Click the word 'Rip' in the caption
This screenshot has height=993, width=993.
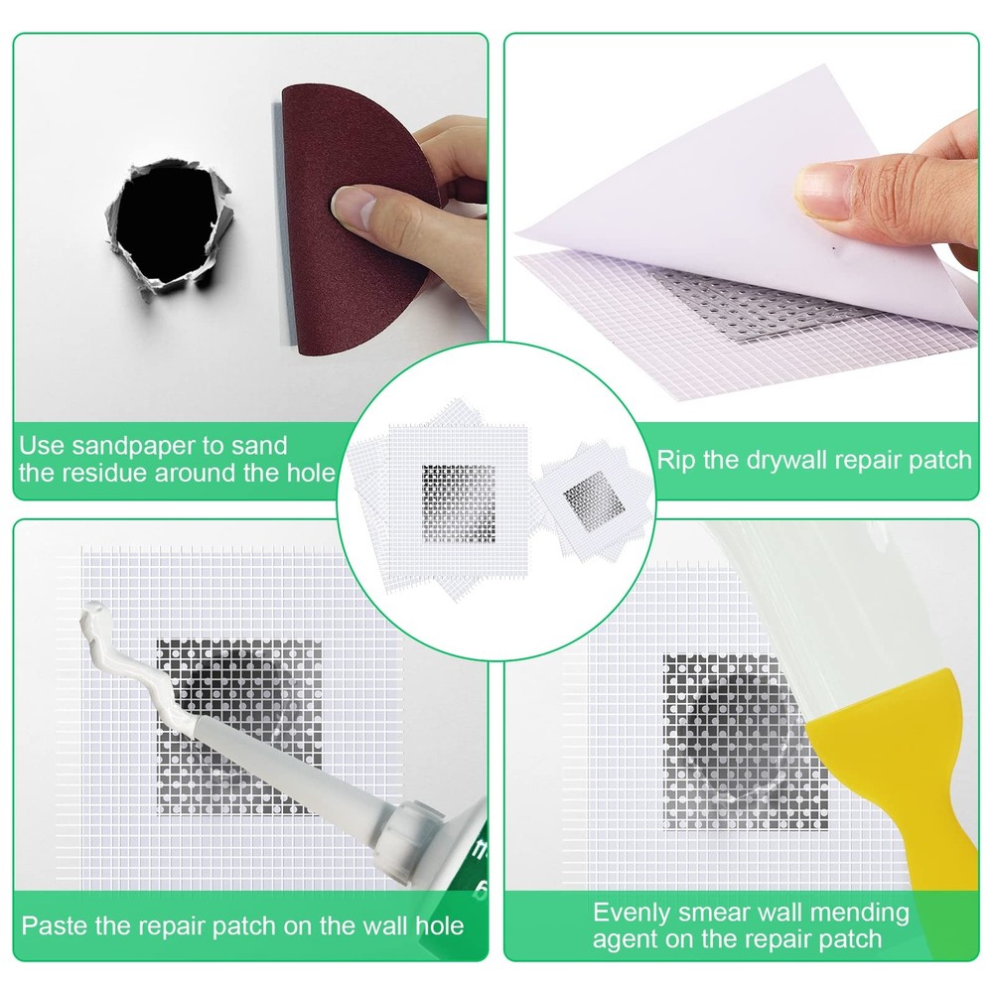tap(677, 461)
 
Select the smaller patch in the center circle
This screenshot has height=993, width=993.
tap(589, 496)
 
